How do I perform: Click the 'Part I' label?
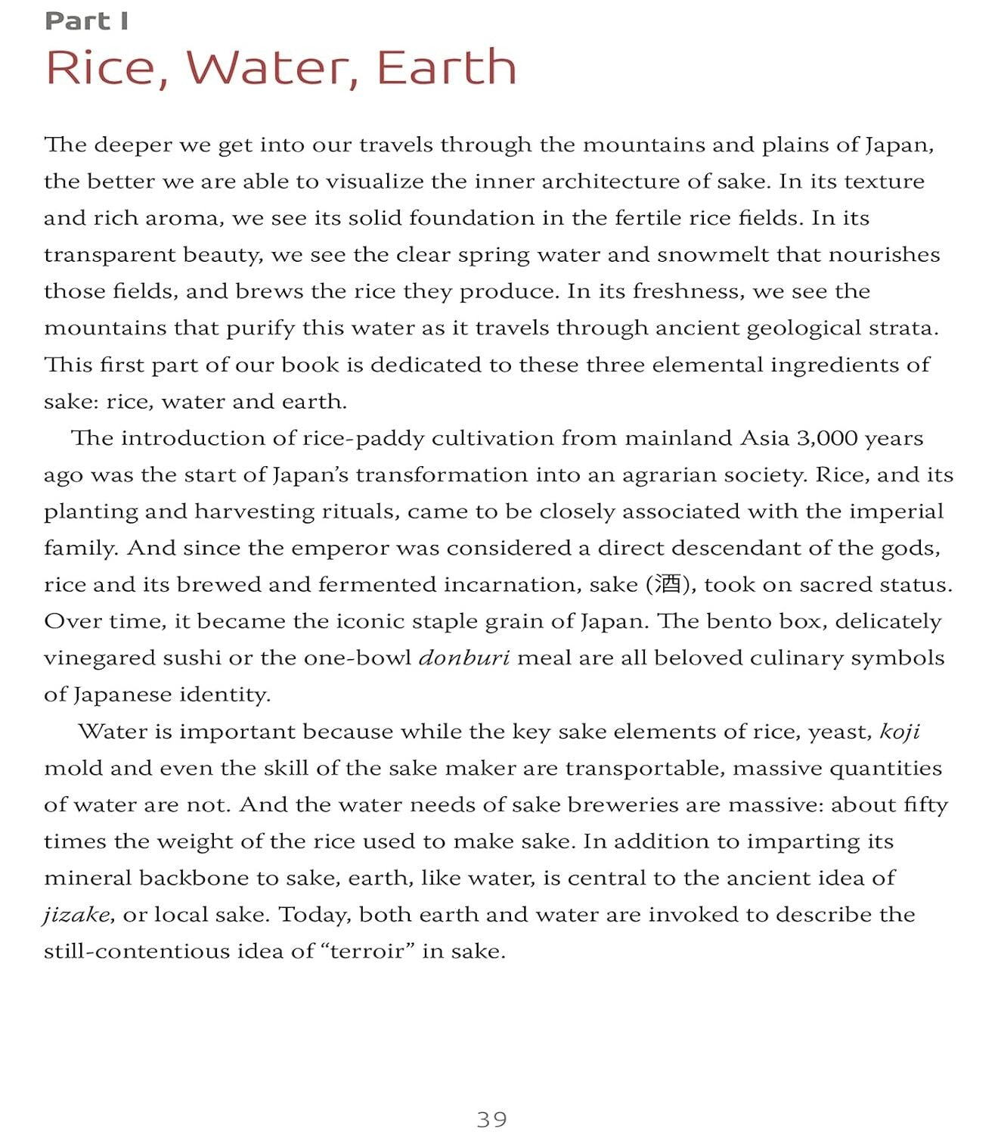click(86, 21)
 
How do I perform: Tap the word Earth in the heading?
click(447, 67)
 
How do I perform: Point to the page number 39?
click(492, 1119)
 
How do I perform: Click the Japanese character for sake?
click(668, 584)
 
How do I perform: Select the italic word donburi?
click(464, 658)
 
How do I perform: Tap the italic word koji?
click(900, 732)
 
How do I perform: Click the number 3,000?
click(827, 438)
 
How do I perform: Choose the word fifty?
click(925, 805)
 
